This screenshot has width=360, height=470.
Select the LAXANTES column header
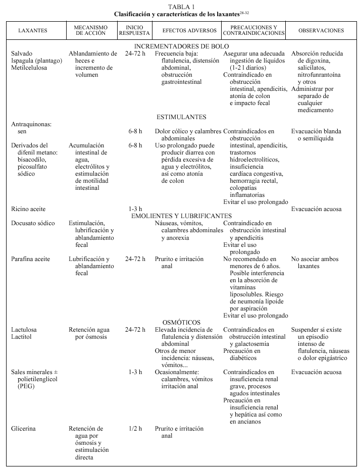click(33, 31)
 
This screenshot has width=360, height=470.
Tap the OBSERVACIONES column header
click(321, 31)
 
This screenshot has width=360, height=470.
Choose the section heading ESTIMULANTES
click(182, 117)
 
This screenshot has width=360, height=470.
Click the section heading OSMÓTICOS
click(182, 323)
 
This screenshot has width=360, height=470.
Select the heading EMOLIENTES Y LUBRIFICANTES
click(182, 216)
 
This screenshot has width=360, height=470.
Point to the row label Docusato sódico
click(34, 223)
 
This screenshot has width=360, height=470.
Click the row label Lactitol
click(23, 337)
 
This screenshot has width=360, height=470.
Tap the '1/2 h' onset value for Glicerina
click(135, 429)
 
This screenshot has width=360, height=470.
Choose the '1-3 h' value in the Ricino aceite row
click(135, 209)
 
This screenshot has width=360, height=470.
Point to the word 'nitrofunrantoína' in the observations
click(320, 75)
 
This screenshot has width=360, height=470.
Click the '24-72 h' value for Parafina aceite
click(135, 259)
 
